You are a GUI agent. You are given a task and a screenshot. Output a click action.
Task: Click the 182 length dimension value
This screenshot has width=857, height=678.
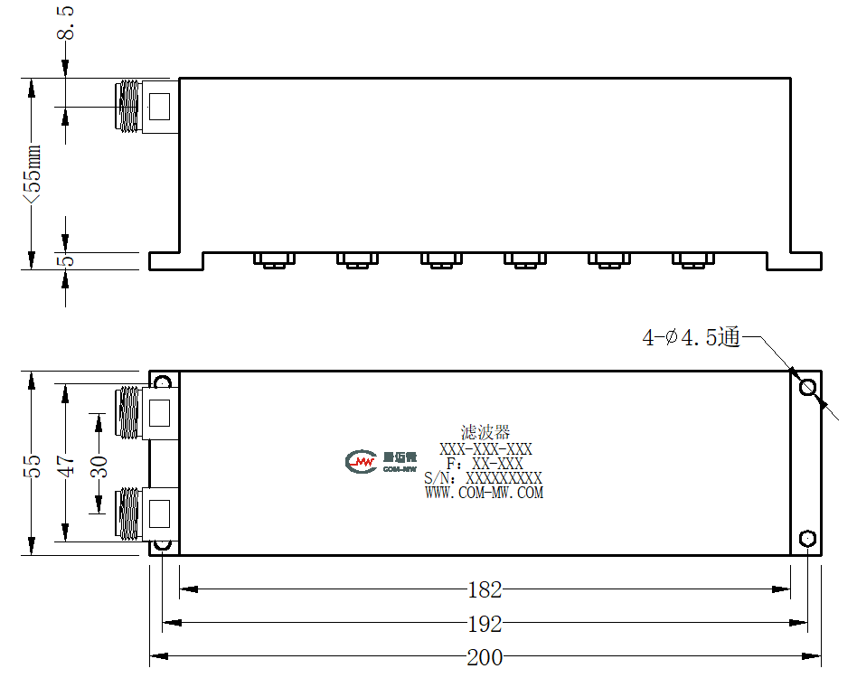(485, 590)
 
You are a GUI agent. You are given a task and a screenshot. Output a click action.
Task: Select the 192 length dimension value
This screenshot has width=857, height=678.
(485, 624)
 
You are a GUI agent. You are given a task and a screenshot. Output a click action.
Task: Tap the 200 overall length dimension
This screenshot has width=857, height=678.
(485, 657)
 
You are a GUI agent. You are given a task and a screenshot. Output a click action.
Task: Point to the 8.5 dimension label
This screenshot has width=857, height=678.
(66, 23)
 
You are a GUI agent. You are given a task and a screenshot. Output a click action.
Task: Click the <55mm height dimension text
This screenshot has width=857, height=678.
(32, 174)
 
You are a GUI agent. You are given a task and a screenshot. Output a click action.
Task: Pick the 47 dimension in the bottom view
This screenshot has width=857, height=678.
(66, 466)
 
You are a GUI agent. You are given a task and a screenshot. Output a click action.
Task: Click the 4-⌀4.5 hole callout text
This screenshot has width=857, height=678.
(692, 337)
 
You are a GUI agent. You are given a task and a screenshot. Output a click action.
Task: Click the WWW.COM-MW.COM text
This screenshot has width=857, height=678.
(485, 493)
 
